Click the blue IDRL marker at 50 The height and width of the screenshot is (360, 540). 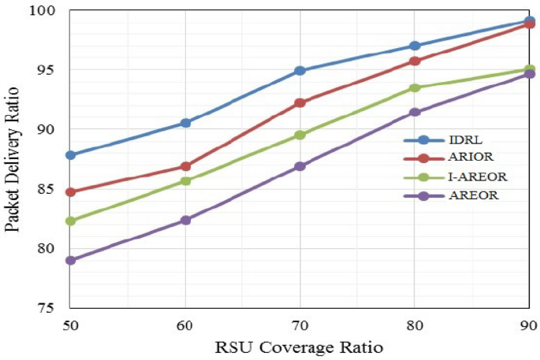tap(70, 155)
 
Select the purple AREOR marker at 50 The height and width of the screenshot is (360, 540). tap(70, 260)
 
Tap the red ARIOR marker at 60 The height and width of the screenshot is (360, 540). tap(185, 166)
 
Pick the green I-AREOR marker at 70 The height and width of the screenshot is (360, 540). tap(300, 135)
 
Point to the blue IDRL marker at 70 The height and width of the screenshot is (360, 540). tap(300, 71)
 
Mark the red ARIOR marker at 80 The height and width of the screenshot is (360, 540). tap(415, 61)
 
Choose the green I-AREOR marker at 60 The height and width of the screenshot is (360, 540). tap(185, 181)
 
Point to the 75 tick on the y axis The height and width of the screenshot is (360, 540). tap(53, 308)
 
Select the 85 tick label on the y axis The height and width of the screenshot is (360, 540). tap(53, 189)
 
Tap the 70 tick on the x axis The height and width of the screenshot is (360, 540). tap(300, 324)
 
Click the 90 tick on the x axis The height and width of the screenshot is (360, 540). tap(528, 324)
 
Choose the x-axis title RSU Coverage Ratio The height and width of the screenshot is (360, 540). tap(299, 347)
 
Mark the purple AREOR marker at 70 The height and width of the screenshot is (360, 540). tap(300, 166)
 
